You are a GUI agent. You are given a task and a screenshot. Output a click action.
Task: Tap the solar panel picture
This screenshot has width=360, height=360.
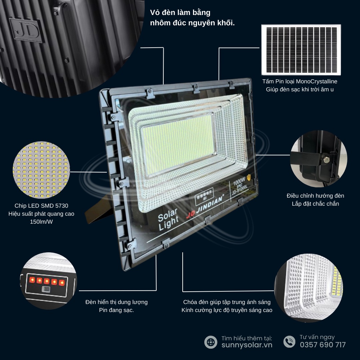(x=301, y=50)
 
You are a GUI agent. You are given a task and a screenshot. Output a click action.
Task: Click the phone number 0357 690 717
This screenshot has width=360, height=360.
(x=323, y=345)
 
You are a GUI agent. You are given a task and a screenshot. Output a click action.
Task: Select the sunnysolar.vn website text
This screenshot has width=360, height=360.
(x=247, y=345)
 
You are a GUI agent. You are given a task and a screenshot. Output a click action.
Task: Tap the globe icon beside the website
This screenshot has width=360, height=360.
(x=211, y=342)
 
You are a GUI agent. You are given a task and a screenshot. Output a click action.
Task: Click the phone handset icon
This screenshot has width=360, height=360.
(x=289, y=342)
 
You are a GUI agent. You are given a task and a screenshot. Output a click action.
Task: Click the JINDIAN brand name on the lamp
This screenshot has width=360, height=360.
(x=210, y=204)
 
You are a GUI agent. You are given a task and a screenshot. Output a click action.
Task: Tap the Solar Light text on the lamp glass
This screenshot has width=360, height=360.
(x=168, y=219)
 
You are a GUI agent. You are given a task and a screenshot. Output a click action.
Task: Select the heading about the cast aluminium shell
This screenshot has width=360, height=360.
(x=192, y=18)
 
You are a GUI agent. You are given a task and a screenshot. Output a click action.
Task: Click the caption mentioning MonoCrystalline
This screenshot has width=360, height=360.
(x=300, y=85)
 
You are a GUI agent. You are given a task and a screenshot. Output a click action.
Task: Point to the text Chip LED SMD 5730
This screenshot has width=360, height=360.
(x=41, y=206)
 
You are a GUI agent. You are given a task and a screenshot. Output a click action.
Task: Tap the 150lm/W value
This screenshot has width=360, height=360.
(x=41, y=222)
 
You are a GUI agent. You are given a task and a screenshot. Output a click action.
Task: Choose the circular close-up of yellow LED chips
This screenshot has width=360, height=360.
(x=41, y=170)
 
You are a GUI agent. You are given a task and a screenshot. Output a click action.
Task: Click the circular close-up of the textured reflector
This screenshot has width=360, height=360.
(x=309, y=288)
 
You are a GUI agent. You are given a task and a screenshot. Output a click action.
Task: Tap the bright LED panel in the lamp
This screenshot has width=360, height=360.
(x=178, y=145)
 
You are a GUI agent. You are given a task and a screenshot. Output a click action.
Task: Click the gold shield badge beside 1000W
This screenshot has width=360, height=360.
(x=249, y=177)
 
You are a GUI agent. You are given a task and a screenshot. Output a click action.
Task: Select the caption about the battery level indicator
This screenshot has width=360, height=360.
(x=116, y=306)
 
